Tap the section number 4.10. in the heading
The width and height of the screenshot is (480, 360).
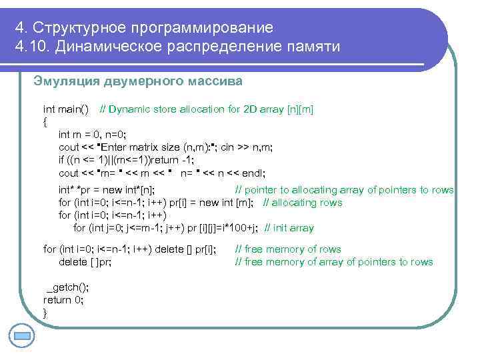click(31, 47)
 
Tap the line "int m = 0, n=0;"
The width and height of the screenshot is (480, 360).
click(97, 135)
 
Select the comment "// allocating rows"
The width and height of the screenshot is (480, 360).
click(302, 203)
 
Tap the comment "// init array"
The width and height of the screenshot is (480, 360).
click(289, 228)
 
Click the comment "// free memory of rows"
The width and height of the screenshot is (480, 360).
click(288, 249)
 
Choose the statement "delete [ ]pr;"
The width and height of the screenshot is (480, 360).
click(85, 262)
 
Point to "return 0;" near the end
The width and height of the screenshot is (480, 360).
click(63, 300)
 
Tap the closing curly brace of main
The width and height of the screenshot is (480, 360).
click(45, 313)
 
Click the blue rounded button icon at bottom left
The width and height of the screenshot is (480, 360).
click(22, 335)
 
